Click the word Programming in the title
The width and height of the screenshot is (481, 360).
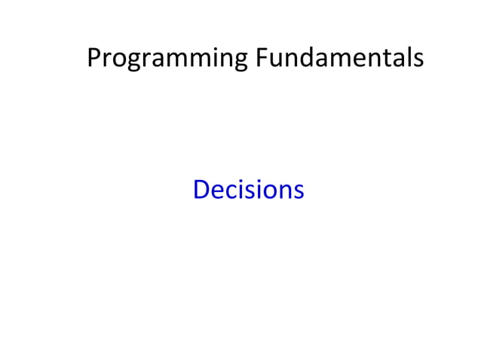coord(167,57)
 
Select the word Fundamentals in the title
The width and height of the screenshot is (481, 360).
coord(339,57)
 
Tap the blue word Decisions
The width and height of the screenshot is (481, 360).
coord(248,189)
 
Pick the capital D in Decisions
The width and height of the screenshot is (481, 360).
coord(201,189)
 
